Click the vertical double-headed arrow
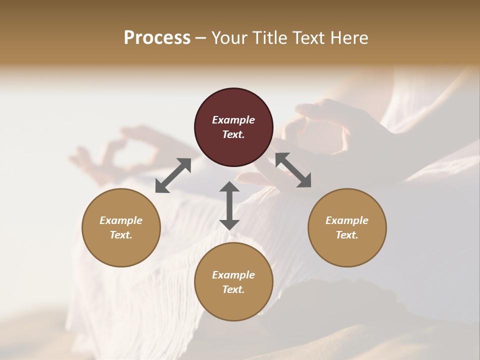tap(229, 205)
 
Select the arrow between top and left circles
tap(173, 175)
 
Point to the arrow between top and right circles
tap(293, 170)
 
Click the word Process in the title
tap(157, 37)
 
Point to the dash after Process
tap(200, 38)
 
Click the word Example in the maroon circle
tap(233, 120)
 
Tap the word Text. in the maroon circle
tap(233, 134)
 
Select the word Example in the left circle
tap(121, 220)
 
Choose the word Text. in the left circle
tap(121, 235)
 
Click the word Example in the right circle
tap(347, 220)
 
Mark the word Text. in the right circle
tap(347, 235)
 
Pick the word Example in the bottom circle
tap(233, 275)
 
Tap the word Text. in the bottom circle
tap(233, 289)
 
